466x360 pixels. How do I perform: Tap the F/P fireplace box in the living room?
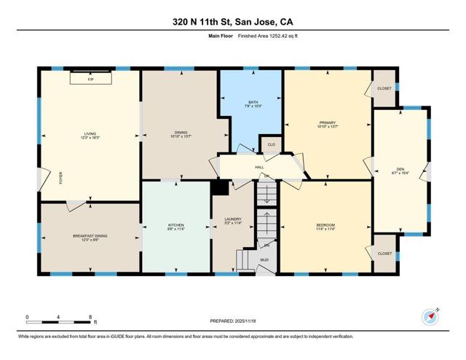(x=90, y=78)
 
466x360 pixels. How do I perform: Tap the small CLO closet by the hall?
(x=271, y=145)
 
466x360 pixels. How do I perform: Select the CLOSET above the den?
(x=384, y=88)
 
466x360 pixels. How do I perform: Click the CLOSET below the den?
(x=384, y=254)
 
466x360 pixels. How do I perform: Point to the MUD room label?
(x=264, y=259)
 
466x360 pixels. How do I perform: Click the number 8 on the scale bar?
(x=90, y=316)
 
